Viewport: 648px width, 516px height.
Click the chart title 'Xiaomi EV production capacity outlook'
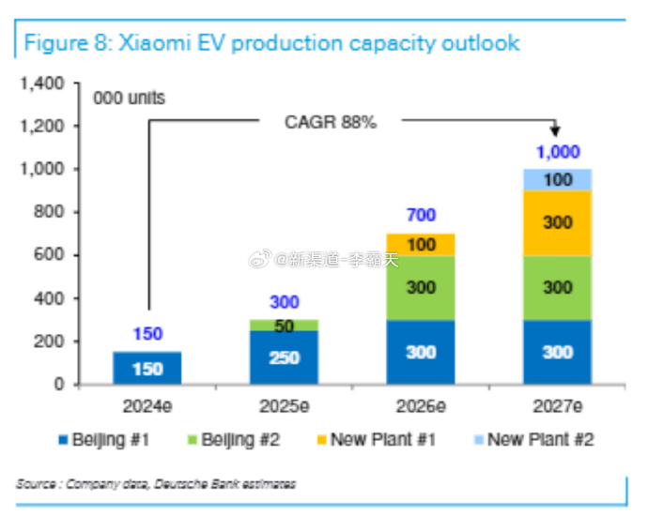click(271, 43)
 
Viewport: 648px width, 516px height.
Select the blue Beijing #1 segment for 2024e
click(147, 368)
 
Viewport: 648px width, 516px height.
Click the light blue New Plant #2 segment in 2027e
click(557, 179)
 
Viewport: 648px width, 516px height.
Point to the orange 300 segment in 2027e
click(557, 223)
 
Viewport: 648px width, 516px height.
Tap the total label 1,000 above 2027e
click(558, 152)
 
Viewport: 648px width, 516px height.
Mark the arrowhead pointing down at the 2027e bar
click(556, 131)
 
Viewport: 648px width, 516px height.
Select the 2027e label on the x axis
click(557, 407)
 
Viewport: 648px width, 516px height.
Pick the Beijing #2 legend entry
click(237, 439)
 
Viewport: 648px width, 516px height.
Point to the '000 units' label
click(129, 97)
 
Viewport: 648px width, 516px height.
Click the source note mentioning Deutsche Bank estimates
click(156, 484)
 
